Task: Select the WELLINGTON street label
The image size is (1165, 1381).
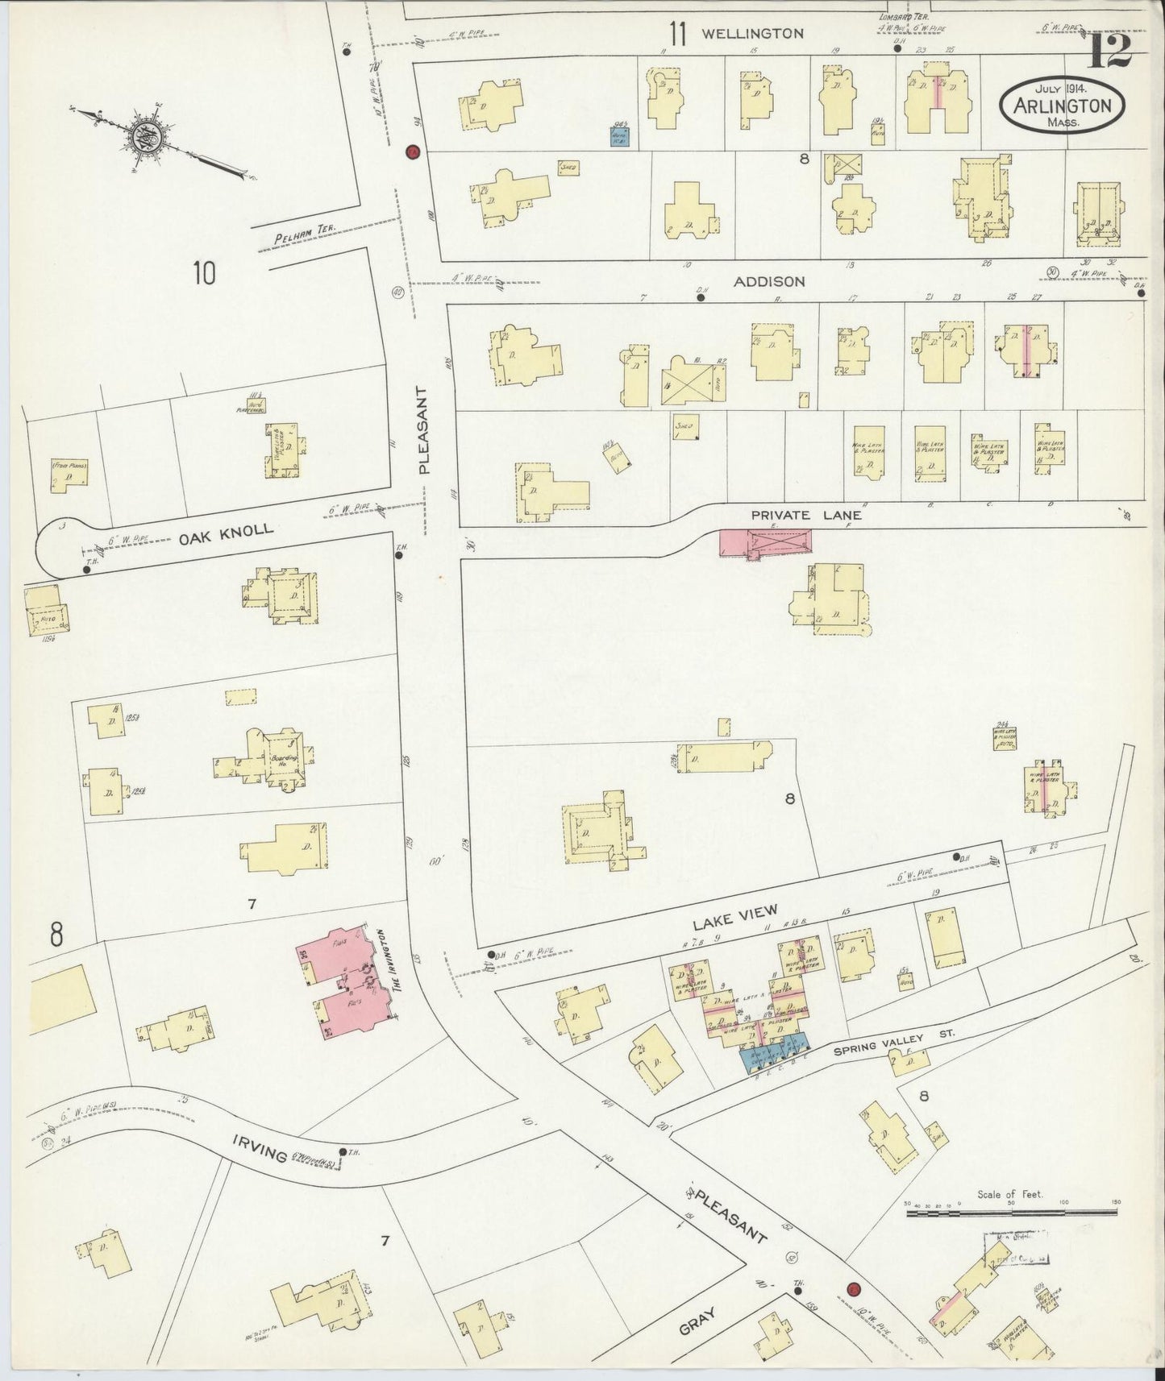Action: point(752,34)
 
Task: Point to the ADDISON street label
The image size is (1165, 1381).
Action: point(769,281)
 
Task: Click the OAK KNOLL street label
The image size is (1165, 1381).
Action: point(226,532)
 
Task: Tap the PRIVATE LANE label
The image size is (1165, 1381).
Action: point(805,515)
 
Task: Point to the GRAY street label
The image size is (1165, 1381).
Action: point(697,1321)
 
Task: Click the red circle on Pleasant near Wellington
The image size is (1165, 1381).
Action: point(413,151)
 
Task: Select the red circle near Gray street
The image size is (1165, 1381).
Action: point(853,1288)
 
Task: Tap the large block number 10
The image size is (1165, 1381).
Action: point(204,275)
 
